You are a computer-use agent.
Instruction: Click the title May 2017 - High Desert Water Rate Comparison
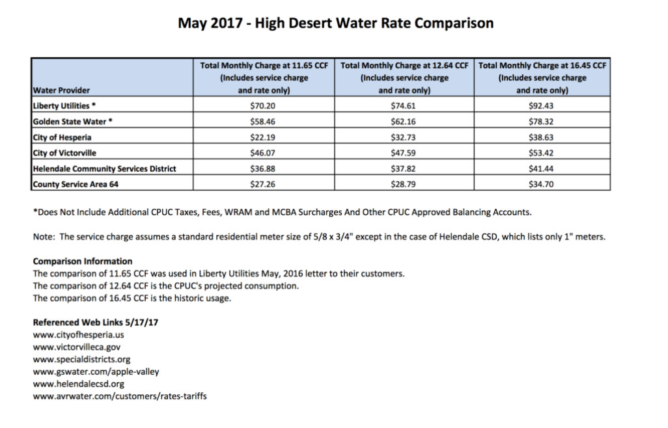[336, 23]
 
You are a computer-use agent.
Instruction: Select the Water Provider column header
[61, 90]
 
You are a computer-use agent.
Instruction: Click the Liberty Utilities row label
[64, 105]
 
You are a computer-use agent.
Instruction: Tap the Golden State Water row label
[72, 121]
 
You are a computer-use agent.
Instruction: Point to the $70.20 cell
[262, 105]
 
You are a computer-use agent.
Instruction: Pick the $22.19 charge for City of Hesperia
[262, 137]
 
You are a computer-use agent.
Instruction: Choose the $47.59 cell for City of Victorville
[403, 153]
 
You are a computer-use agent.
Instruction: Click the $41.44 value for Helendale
[541, 168]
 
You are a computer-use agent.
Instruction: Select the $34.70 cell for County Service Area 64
[541, 184]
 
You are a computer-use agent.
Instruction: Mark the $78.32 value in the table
[541, 121]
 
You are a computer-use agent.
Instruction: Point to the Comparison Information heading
[83, 261]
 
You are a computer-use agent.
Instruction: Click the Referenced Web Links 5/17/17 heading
[96, 323]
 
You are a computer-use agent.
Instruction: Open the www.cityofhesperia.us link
[78, 335]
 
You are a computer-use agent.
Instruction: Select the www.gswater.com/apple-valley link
[96, 371]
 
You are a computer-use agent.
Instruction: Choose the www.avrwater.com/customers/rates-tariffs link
[120, 396]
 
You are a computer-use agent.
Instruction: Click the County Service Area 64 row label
[76, 184]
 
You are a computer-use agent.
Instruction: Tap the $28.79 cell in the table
[403, 184]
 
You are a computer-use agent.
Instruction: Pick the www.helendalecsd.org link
[78, 384]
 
